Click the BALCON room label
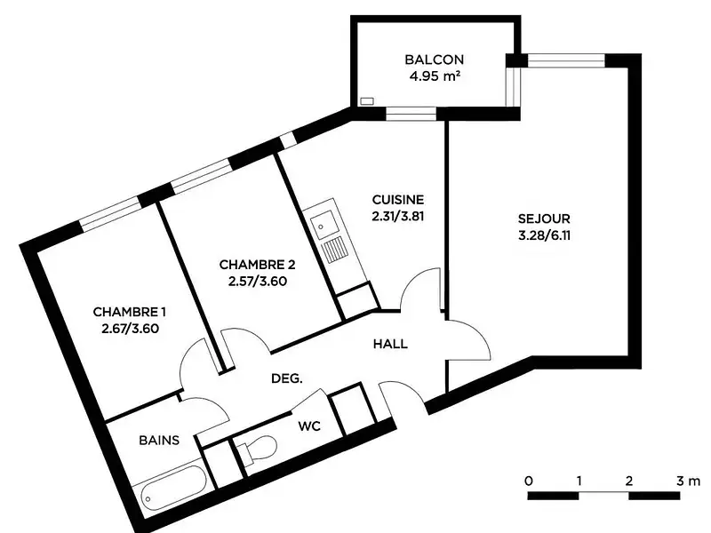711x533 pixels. [x=435, y=60]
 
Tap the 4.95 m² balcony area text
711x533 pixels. [x=435, y=76]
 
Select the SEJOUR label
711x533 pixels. [x=544, y=219]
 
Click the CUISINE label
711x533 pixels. [x=397, y=200]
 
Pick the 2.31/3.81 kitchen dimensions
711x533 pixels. [x=397, y=215]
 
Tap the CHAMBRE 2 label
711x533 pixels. [x=257, y=265]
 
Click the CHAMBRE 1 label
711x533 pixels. [x=129, y=312]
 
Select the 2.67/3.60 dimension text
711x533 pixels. [x=129, y=328]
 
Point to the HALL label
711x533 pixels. [x=390, y=344]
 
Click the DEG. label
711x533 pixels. [x=287, y=378]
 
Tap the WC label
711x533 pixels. [x=308, y=426]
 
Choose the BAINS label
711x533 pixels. [x=160, y=440]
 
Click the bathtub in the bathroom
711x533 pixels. [x=172, y=484]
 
